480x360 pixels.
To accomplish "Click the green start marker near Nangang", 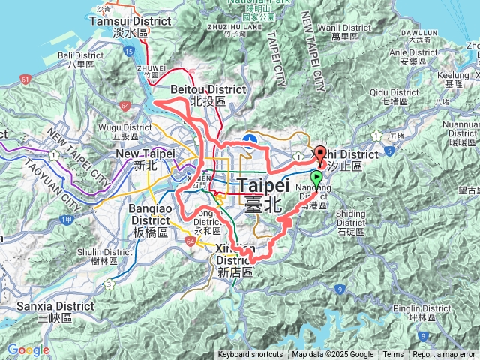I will tap(317, 179).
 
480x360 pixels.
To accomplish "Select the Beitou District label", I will tap(208, 89).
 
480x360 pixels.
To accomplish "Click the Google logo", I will tap(28, 349).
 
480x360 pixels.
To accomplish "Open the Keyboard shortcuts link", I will tap(250, 355).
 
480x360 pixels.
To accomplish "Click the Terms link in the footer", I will tap(393, 355).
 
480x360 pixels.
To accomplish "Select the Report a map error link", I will tap(444, 355).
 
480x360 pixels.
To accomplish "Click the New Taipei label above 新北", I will tap(145, 154).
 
